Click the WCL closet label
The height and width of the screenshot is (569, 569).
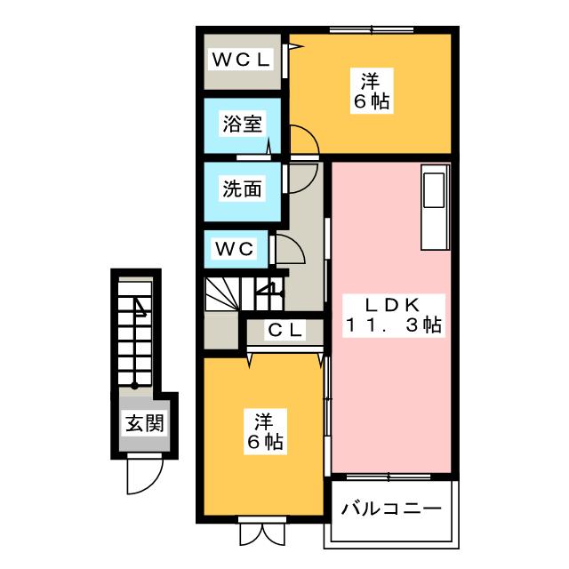pos(242,60)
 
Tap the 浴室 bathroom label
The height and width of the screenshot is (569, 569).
pos(242,124)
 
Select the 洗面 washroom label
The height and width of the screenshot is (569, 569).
pos(242,188)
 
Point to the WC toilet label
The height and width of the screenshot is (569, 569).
pos(235,249)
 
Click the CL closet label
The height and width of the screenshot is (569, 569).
pos(284,330)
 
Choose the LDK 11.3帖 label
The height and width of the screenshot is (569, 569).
pos(394,316)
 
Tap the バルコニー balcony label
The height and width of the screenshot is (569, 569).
pos(391,509)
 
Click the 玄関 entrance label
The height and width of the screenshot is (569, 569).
pos(145,423)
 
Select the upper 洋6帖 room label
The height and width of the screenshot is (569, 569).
pos(372,92)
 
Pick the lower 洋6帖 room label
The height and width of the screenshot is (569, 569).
pos(265,432)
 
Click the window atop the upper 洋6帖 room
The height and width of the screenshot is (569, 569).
pos(372,29)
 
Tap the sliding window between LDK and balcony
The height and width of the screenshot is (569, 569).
pos(389,477)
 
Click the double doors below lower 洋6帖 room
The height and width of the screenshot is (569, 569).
pos(262,533)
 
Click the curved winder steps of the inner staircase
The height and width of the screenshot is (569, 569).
pos(222,294)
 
